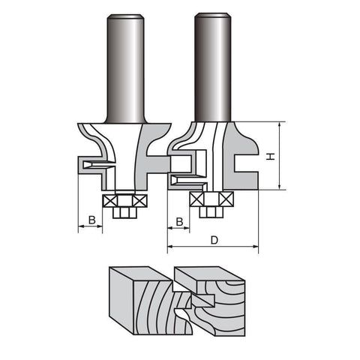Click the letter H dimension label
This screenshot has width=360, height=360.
[270, 157]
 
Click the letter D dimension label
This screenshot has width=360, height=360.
[214, 240]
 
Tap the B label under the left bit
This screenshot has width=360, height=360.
[92, 220]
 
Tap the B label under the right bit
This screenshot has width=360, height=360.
[179, 221]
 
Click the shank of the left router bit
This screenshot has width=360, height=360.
[126, 69]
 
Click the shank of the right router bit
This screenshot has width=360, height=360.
[213, 67]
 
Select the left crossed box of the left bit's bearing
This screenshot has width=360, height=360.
[109, 201]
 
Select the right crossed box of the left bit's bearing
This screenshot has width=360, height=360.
[139, 201]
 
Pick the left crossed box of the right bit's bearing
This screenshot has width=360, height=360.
[197, 199]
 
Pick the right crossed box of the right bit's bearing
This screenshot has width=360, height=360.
[226, 199]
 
